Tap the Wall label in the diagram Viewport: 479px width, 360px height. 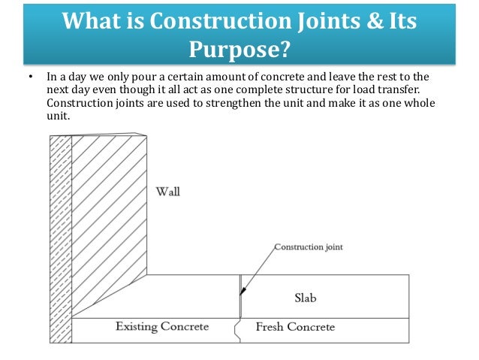(x=167, y=192)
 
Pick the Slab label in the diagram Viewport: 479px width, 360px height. (x=305, y=298)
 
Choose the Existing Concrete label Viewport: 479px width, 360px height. (x=161, y=327)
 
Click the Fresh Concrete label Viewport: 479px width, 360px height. (x=295, y=327)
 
